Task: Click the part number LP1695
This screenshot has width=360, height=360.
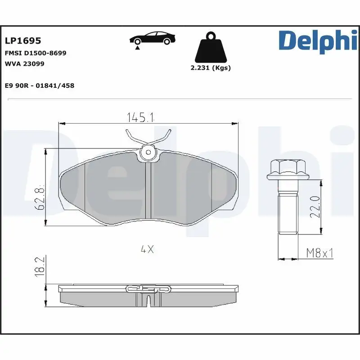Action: tap(23, 41)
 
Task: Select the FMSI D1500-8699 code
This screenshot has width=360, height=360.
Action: tap(36, 53)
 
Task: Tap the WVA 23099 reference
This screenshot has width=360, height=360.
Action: tap(24, 63)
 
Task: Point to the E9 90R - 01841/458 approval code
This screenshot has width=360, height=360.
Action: tap(39, 85)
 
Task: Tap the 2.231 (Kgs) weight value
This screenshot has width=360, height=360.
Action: tap(211, 68)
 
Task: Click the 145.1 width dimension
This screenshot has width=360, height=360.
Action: tap(141, 118)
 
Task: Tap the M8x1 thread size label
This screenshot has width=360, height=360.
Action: tap(319, 253)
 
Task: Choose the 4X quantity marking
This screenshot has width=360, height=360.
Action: tap(147, 249)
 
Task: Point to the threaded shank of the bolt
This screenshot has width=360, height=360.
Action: tap(288, 211)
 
